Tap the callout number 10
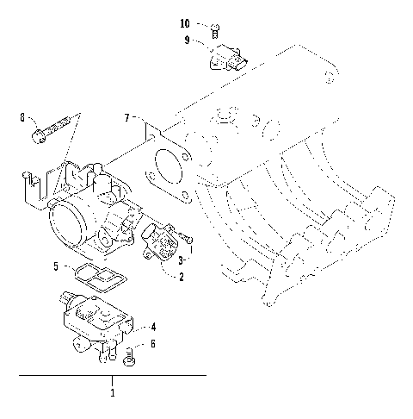coord(186,23)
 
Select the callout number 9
coord(187,40)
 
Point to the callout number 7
coord(126,116)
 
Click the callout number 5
coord(57,267)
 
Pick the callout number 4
coord(153,327)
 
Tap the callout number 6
coord(153,343)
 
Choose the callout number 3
coord(182,259)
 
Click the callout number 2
coord(181,277)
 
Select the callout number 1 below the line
coord(113,392)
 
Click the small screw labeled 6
coord(132,353)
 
